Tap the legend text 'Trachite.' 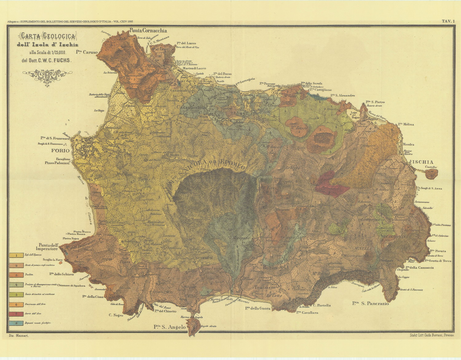[x=29, y=275]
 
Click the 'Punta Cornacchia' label [x=148, y=30]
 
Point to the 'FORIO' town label [x=61, y=151]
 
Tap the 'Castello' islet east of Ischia [x=432, y=174]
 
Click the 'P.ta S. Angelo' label [x=170, y=327]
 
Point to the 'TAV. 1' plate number [x=448, y=21]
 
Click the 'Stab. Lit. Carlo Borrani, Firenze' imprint [x=431, y=335]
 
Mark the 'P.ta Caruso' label [x=87, y=52]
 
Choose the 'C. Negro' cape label [x=116, y=315]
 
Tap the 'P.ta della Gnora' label [x=258, y=308]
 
